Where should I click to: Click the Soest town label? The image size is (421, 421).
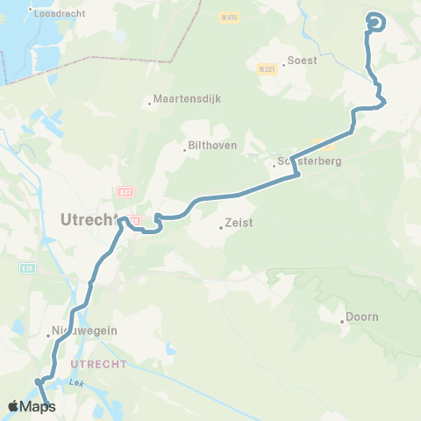pyautogui.click(x=303, y=61)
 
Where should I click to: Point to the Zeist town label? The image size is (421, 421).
pyautogui.click(x=239, y=223)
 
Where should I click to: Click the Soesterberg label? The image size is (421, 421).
pyautogui.click(x=309, y=161)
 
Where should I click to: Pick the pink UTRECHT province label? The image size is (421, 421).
pyautogui.click(x=99, y=363)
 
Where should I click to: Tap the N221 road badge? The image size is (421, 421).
pyautogui.click(x=267, y=68)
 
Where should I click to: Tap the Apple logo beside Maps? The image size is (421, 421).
pyautogui.click(x=14, y=406)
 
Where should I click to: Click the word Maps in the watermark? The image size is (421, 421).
pyautogui.click(x=39, y=407)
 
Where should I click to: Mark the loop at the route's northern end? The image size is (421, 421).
pyautogui.click(x=375, y=23)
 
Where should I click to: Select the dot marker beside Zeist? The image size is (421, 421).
pyautogui.click(x=220, y=229)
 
